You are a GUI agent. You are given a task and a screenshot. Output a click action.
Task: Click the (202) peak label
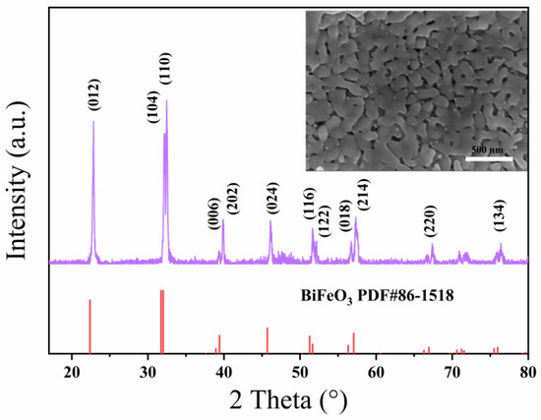232,192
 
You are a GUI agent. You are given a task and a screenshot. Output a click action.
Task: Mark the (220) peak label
429,225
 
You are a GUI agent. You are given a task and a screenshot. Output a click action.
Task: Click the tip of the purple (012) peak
93,121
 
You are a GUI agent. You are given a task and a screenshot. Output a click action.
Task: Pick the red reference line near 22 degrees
90,326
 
